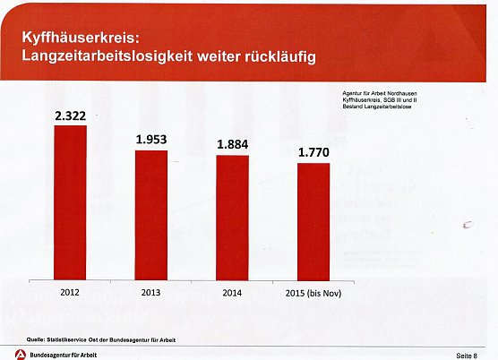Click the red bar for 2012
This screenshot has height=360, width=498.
[70, 202]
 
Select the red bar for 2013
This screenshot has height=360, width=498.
[150, 215]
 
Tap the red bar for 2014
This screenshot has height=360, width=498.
[231, 218]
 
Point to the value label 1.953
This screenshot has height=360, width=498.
[151, 140]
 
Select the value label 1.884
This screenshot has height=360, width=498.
[232, 144]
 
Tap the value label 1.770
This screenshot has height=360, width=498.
[313, 152]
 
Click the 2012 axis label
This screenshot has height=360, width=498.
[70, 291]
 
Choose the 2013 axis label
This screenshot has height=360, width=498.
[151, 292]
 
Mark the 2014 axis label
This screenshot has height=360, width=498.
[232, 293]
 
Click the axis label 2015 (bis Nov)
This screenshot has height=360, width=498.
[313, 293]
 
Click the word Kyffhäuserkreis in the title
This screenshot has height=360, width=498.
[79, 40]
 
